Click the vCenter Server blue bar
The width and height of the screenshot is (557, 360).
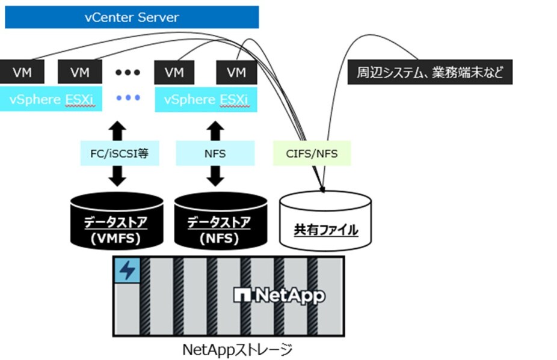(132, 17)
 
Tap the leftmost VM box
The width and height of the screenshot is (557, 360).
(20, 73)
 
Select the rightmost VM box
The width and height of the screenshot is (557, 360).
(237, 73)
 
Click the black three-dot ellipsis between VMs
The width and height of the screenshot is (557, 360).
(128, 73)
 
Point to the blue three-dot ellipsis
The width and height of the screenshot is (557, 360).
(128, 98)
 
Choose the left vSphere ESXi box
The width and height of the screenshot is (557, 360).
(51, 99)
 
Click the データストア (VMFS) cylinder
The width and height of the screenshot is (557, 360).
(117, 220)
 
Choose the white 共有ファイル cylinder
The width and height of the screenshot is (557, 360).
(325, 222)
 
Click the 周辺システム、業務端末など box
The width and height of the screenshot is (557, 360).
(429, 73)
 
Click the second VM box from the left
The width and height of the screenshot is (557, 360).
(79, 73)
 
